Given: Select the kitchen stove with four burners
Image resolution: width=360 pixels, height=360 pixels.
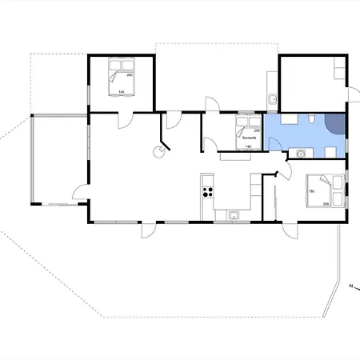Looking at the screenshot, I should coord(207,191).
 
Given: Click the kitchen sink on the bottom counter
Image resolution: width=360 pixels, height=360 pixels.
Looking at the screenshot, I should coord(234,214).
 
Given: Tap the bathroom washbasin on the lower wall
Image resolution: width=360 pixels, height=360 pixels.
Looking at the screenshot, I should coord(301,152).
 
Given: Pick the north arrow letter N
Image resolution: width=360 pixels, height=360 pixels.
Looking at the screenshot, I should coord(350,284).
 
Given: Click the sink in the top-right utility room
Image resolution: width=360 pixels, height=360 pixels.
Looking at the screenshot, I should coord(273,99).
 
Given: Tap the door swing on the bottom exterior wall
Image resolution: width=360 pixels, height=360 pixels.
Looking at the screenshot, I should coord(149,230).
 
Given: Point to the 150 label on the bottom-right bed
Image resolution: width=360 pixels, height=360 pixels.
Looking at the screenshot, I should coord(311,191).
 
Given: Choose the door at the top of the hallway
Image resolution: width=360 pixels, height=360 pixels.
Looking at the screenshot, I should coord(210,105).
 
